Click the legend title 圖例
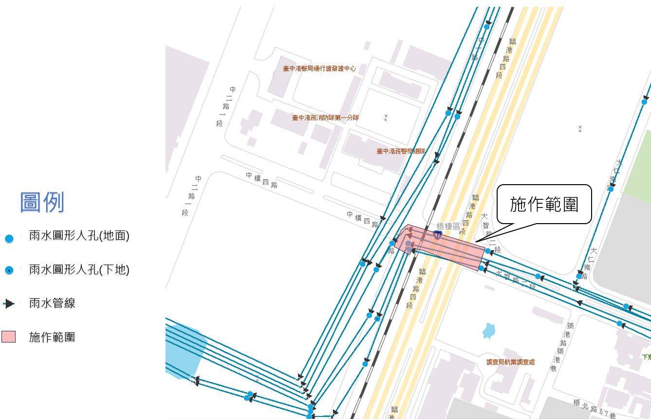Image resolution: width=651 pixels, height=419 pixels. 42,202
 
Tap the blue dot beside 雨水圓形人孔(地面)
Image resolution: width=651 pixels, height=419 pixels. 9,239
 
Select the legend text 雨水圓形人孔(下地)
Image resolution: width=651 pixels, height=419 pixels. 79,269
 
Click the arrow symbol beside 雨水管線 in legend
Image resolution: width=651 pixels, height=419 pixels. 9,304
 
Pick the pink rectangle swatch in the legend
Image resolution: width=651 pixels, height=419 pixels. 8,337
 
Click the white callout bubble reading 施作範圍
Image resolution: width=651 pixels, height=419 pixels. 543,205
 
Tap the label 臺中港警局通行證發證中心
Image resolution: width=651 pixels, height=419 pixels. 319,69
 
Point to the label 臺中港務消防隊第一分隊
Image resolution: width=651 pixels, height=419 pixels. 325,118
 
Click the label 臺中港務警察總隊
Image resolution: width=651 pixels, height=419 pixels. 401,152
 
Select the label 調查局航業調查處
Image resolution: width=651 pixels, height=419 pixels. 510,362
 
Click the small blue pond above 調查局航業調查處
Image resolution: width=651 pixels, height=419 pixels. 488,331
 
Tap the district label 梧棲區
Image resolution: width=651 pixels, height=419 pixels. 448,226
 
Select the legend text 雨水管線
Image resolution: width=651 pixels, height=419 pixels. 52,304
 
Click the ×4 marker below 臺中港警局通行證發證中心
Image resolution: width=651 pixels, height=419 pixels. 385,117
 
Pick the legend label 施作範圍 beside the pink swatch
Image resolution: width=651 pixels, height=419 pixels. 52,337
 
